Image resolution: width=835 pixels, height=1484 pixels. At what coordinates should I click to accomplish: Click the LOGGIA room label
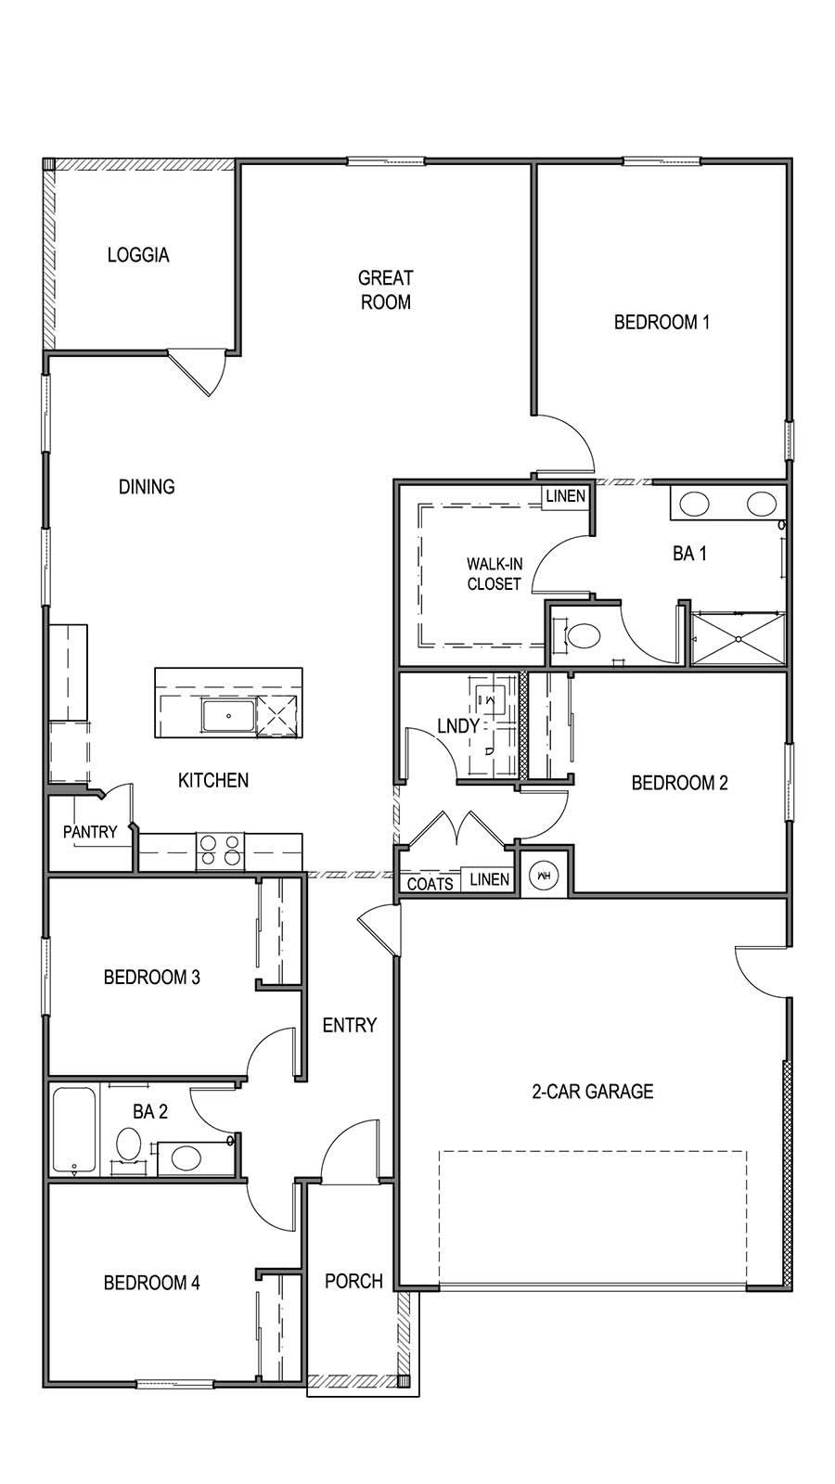coord(138,255)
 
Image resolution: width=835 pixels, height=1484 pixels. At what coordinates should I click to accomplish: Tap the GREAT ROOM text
coord(385,289)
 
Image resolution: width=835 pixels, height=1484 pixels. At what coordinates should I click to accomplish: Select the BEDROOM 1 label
coord(662,323)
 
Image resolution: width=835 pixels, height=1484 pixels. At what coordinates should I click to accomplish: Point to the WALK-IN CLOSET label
coord(494,574)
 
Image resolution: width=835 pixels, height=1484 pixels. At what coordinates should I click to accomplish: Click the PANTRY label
coord(90,832)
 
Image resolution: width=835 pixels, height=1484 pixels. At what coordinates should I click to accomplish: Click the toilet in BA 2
coord(127,1145)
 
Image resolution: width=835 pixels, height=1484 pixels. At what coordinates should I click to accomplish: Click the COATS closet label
coord(430,884)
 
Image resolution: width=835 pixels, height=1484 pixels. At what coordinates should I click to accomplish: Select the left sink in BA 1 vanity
coord(695,505)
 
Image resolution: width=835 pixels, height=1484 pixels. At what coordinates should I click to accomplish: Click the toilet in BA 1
coord(583,636)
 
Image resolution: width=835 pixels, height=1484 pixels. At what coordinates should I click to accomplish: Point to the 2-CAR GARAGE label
coord(592,1092)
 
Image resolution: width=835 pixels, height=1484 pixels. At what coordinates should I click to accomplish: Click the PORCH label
coord(353,1282)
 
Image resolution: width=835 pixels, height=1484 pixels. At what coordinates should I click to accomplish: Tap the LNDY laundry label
coord(457,726)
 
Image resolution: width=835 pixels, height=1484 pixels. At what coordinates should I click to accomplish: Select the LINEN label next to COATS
coord(489,879)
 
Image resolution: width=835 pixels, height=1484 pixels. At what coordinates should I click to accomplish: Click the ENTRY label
coord(349,1025)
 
